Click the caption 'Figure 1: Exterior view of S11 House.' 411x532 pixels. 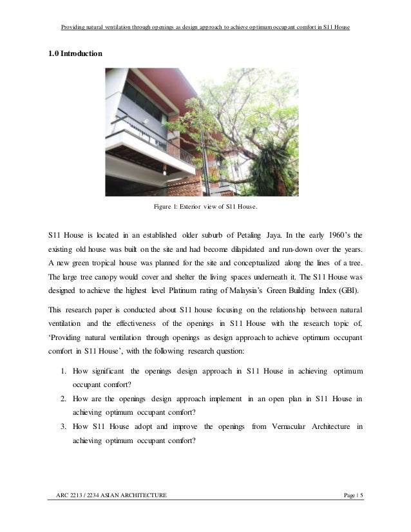[x=205, y=207]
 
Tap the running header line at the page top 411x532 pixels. [x=205, y=28]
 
